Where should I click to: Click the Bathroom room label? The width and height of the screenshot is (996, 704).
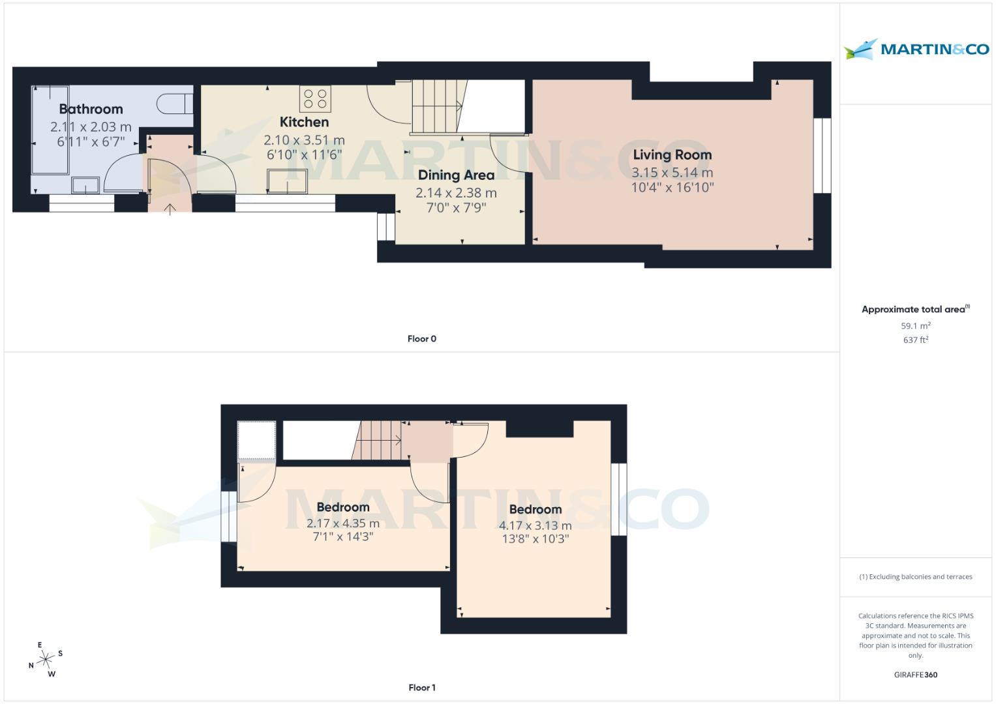point(91,109)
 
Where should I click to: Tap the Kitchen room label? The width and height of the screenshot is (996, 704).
point(304,122)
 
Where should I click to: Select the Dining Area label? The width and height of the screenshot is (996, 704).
point(456,175)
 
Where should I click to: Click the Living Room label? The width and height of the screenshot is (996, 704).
point(672,154)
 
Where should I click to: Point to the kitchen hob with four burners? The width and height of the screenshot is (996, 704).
point(316,99)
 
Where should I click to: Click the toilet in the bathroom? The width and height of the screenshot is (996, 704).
point(175,103)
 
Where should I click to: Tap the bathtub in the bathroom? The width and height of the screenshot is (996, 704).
point(50,130)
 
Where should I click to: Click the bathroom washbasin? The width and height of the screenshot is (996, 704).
point(85,186)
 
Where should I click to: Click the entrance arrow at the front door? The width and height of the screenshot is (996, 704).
point(170,209)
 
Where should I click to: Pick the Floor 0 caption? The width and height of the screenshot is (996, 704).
point(421,339)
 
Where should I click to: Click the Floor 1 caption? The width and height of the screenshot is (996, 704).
point(421,688)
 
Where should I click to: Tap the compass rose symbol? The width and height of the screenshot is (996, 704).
point(46,660)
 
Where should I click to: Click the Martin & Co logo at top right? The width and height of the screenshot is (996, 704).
point(916,49)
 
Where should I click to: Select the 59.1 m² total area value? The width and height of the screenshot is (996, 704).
point(915,326)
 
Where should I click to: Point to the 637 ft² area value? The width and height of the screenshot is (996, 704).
point(915,340)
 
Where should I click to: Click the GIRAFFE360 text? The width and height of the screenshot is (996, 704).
point(915,675)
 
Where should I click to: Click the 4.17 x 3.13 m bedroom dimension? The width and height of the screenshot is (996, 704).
point(535,525)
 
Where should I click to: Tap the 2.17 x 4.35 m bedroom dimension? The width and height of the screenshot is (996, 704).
point(342,523)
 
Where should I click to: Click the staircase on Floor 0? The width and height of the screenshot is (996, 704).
point(436,106)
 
